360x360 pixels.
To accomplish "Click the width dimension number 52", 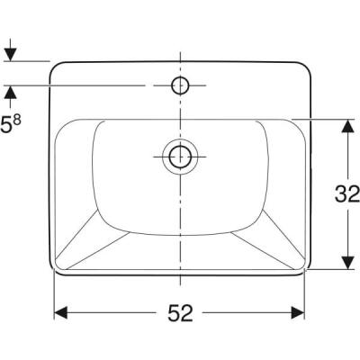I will (179, 313).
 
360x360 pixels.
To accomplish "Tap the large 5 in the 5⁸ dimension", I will (6, 127).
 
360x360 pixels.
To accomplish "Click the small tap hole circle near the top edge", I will (179, 85).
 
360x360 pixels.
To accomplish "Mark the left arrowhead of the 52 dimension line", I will (61, 313).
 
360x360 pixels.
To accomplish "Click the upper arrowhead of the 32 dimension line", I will (346, 126).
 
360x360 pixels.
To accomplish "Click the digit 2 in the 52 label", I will (189, 313).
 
